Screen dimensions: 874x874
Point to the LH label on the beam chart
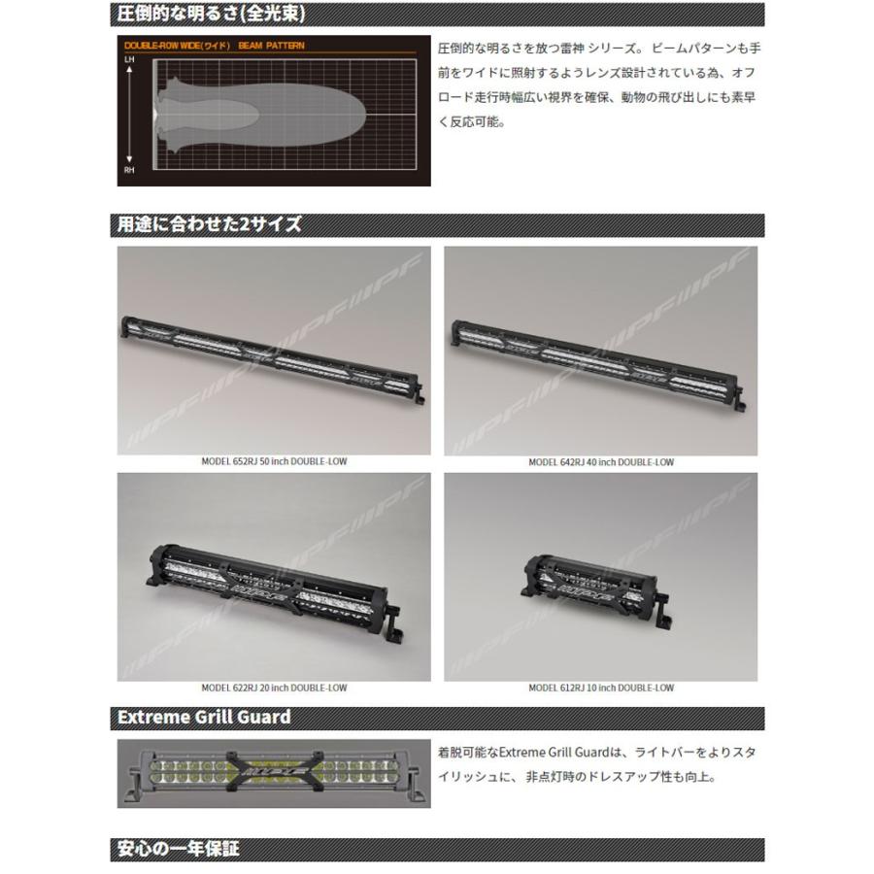coord(128,60)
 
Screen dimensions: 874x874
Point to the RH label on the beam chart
coord(128,170)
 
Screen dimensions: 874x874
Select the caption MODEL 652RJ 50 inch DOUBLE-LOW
coord(273,462)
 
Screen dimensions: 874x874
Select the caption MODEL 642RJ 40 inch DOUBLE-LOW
coord(600,462)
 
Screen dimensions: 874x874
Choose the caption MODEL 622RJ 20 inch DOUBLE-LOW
coord(273,688)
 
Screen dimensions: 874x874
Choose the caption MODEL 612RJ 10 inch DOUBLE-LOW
coord(600,688)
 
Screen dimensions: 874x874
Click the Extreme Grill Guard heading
coord(203,718)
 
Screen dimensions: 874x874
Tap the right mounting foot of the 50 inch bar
coord(419,398)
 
